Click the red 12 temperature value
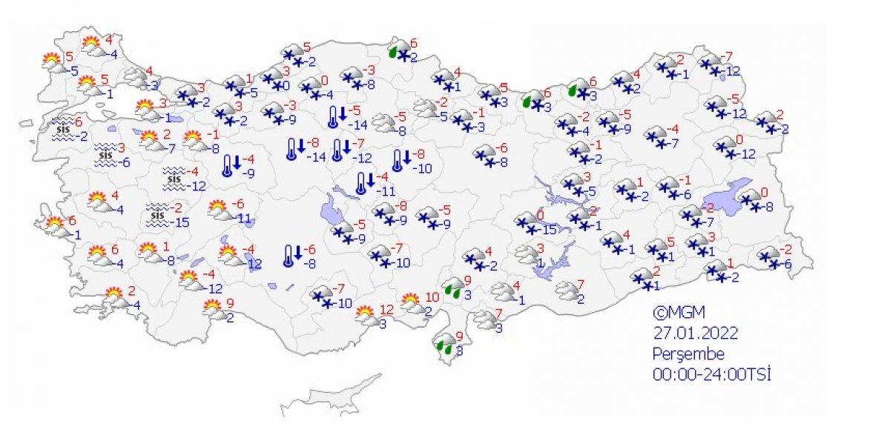(x=386, y=309)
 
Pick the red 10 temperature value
(x=431, y=298)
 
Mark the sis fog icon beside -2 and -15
(x=156, y=214)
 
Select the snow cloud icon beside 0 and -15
(x=528, y=222)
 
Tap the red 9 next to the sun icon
(x=230, y=302)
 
